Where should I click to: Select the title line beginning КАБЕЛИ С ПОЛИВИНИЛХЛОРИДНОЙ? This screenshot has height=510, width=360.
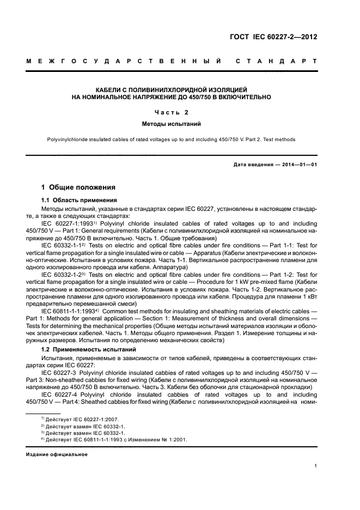pyautogui.click(x=172, y=89)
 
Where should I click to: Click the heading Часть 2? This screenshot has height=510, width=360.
pyautogui.click(x=172, y=113)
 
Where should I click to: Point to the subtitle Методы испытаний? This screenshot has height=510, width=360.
pyautogui.click(x=172, y=125)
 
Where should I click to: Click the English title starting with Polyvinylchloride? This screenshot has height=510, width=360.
pyautogui.click(x=172, y=139)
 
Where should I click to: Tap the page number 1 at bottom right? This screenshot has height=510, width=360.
pyautogui.click(x=315, y=466)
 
